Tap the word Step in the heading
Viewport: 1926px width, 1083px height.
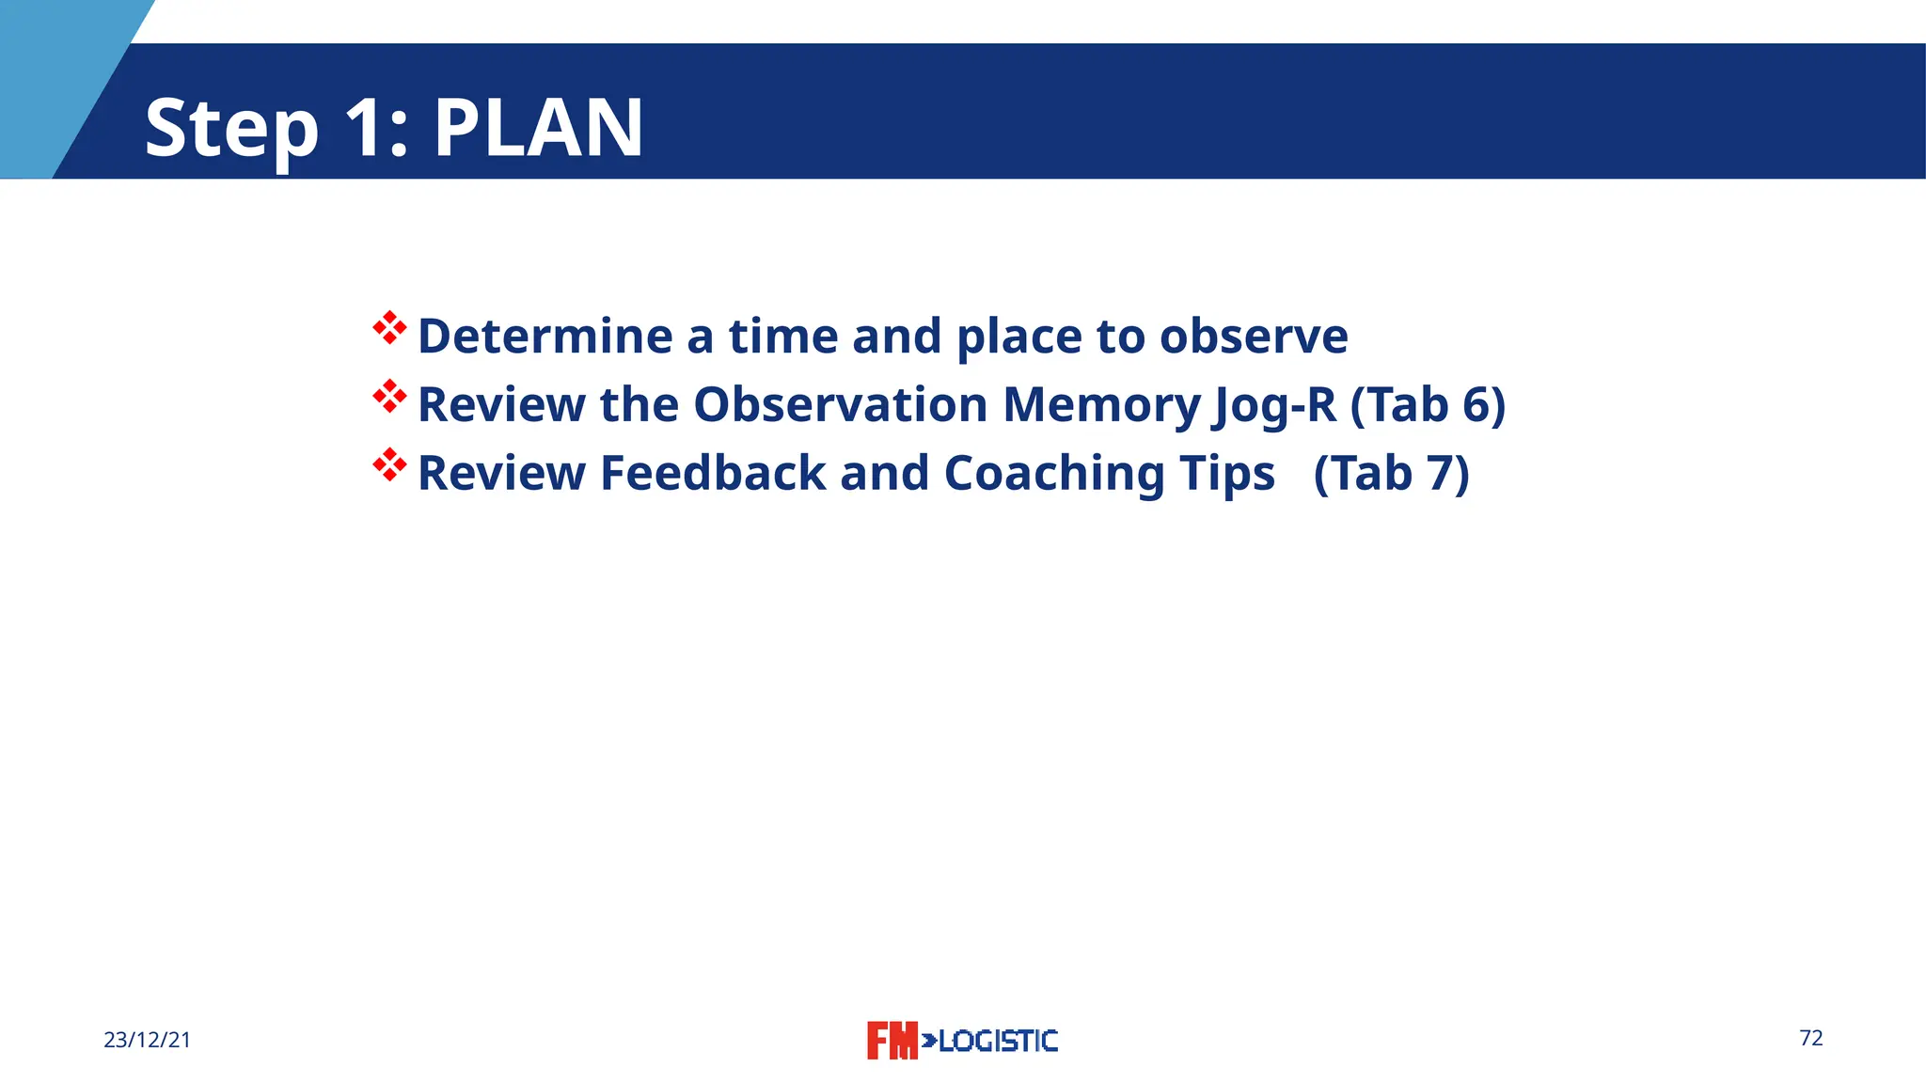point(231,130)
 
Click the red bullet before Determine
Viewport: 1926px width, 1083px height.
point(389,328)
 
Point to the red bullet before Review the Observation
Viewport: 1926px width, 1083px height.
point(389,397)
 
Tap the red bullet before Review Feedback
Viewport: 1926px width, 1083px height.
point(389,465)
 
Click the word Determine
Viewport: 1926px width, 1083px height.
point(545,336)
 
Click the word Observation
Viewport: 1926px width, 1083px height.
point(840,404)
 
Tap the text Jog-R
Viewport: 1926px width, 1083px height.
point(1274,406)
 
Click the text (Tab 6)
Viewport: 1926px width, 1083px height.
point(1428,405)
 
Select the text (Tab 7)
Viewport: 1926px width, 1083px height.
point(1391,473)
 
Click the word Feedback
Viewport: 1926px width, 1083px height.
point(712,473)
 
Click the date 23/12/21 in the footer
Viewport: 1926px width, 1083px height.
point(147,1040)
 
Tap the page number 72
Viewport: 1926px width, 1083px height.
point(1810,1038)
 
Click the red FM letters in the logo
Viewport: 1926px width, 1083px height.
point(891,1041)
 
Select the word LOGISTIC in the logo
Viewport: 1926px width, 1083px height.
point(997,1041)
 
